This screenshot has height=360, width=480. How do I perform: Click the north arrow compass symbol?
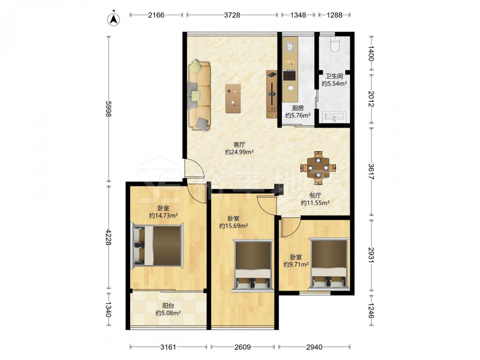pyautogui.click(x=113, y=19)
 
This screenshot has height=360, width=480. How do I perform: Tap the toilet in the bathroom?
pyautogui.click(x=336, y=44)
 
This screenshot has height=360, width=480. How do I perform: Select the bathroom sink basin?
pyautogui.click(x=334, y=117)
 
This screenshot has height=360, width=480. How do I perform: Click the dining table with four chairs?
pyautogui.click(x=318, y=168)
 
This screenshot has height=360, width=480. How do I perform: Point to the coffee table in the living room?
pyautogui.click(x=233, y=98)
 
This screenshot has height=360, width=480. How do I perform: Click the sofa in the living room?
pyautogui.click(x=200, y=95)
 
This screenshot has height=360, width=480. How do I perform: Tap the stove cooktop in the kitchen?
pyautogui.click(x=289, y=75)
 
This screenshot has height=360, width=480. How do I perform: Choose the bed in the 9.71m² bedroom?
pyautogui.click(x=329, y=264)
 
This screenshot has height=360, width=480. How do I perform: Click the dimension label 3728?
pyautogui.click(x=232, y=15)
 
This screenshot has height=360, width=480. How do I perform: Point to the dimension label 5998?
pyautogui.click(x=108, y=109)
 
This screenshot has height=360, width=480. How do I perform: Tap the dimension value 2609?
pyautogui.click(x=242, y=347)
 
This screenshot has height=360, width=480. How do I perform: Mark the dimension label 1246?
pyautogui.click(x=371, y=311)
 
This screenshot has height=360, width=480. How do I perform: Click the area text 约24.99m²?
pyautogui.click(x=239, y=152)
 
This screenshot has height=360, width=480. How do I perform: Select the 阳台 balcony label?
pyautogui.click(x=168, y=305)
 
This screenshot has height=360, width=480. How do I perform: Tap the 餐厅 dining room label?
pyautogui.click(x=315, y=195)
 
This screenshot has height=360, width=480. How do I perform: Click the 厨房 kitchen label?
pyautogui.click(x=298, y=108)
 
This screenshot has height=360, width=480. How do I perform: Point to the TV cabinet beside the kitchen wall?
pyautogui.click(x=272, y=94)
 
